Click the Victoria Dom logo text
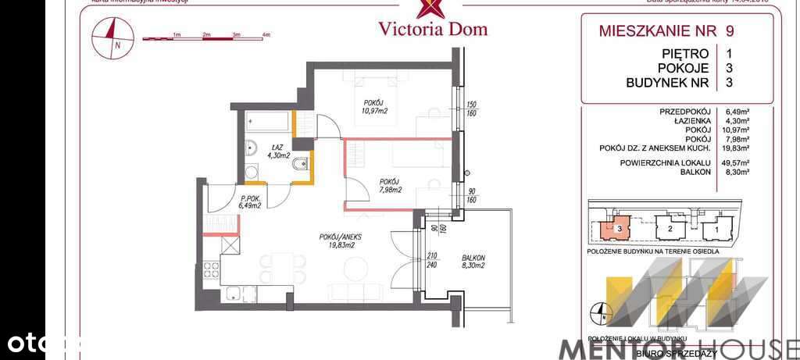click(432, 29)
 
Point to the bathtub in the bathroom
click(268, 122)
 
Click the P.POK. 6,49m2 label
click(251, 203)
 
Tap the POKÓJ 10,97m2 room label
click(374, 107)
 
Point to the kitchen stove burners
click(211, 269)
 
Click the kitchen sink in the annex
click(233, 294)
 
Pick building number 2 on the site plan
click(670, 230)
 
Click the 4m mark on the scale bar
click(266, 35)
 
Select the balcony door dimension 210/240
click(431, 259)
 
